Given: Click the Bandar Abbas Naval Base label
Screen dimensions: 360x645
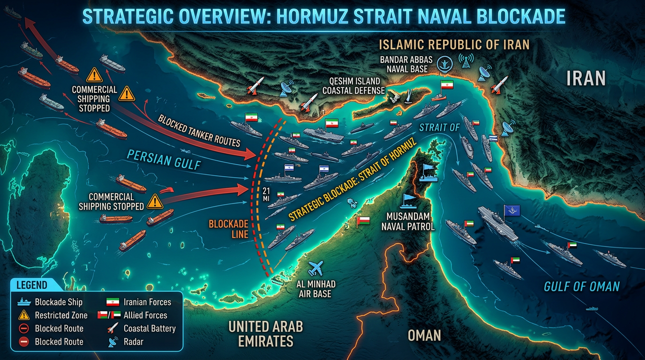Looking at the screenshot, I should pyautogui.click(x=407, y=65).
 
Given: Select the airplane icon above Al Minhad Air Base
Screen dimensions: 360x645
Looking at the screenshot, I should pyautogui.click(x=316, y=268).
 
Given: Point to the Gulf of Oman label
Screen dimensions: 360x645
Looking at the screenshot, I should pyautogui.click(x=582, y=286).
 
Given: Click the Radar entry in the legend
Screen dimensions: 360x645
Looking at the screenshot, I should pyautogui.click(x=134, y=342).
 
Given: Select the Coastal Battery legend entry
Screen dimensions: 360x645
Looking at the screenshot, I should pyautogui.click(x=149, y=329).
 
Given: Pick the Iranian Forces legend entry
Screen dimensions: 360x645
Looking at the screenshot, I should pyautogui.click(x=147, y=302).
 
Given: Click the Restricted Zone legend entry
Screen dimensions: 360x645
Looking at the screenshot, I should pyautogui.click(x=61, y=315).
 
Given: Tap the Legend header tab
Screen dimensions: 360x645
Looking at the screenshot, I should pyautogui.click(x=32, y=285).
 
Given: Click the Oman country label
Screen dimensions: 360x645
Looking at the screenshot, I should pyautogui.click(x=424, y=335).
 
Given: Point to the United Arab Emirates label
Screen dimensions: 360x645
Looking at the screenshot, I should pyautogui.click(x=265, y=333).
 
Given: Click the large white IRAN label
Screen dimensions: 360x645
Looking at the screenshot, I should pyautogui.click(x=586, y=78).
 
